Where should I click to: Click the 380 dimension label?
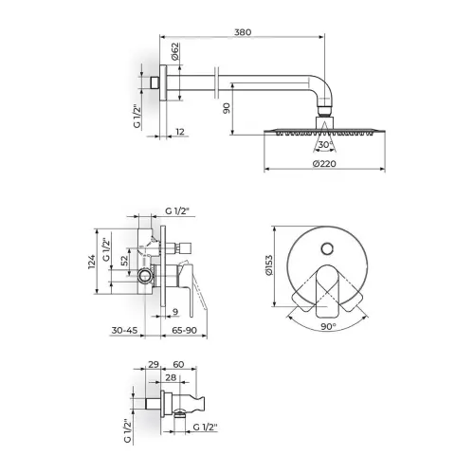pos(243,32)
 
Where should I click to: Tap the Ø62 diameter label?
pos(175,51)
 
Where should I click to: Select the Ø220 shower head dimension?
pos(324,164)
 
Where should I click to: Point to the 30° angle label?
pos(325,145)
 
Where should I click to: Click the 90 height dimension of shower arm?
pos(227,108)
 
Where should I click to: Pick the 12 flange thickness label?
pos(180,132)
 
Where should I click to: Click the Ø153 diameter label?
pos(269,265)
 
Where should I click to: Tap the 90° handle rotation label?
pos(328,326)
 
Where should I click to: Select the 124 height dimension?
pos(91,262)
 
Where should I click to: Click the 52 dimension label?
pos(125,261)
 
